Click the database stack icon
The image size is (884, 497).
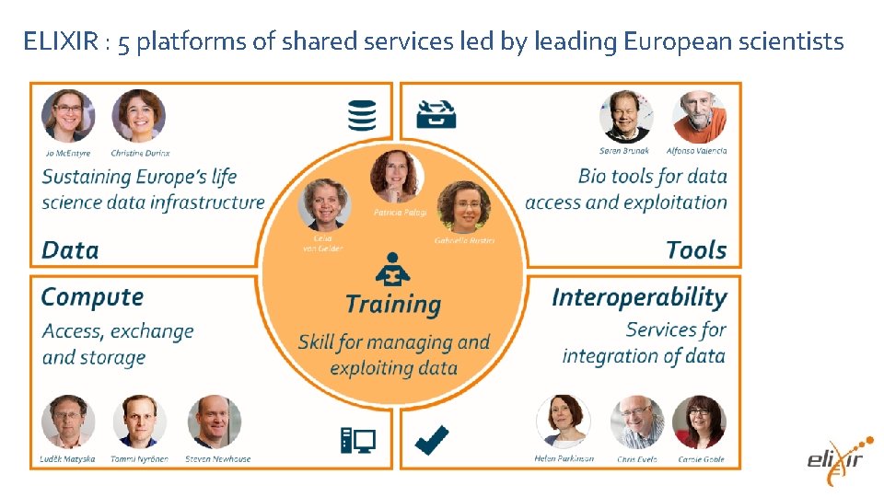pos(361,115)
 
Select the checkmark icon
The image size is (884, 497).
pos(431,439)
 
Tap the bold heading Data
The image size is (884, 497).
pos(70,249)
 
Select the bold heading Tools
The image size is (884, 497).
pos(695,249)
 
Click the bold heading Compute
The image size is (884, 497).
pos(92,296)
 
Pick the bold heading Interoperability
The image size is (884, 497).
pos(639,296)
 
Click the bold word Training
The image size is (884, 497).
pos(393,304)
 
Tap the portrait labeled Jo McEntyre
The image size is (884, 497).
pos(68,115)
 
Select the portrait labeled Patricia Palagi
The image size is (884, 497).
pos(397,177)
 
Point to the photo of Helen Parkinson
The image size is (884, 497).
pos(564,422)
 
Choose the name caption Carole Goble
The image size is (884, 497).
pos(701,458)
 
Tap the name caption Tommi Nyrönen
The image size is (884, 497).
pos(140,458)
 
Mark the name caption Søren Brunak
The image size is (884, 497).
pos(624,151)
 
